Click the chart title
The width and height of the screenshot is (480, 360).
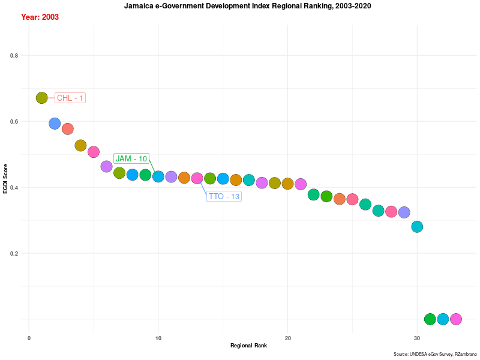tap(247, 6)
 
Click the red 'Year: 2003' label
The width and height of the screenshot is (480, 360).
tap(40, 17)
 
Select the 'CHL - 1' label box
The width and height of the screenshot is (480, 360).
tap(70, 98)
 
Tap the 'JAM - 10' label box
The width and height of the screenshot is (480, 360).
tap(131, 158)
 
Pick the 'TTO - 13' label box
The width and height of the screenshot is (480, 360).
tap(224, 196)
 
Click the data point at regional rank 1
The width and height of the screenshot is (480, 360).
tap(41, 98)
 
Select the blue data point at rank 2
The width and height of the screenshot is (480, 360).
tap(55, 124)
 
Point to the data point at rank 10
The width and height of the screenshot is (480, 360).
tap(158, 176)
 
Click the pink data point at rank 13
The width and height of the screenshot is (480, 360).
tap(197, 178)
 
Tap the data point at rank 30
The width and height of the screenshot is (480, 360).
tap(417, 227)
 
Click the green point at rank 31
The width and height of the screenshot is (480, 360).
tap(430, 319)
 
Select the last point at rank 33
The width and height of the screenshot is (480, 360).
tap(456, 319)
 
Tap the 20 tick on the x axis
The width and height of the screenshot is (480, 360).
tap(288, 338)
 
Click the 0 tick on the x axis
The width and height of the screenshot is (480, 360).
tap(29, 338)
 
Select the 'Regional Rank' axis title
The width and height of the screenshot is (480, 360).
tap(248, 346)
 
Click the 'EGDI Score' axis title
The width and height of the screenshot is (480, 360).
tap(5, 178)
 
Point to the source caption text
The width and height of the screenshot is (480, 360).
tap(435, 355)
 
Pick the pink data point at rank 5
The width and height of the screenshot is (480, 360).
tap(94, 152)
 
